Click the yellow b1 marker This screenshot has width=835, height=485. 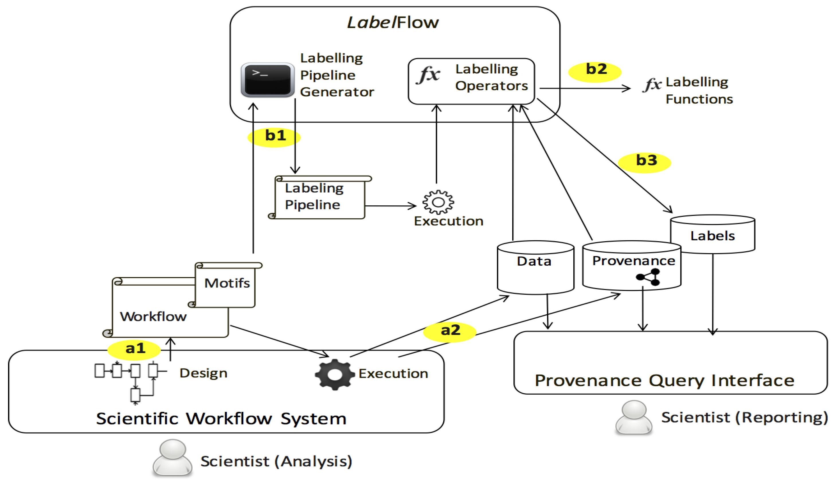274,137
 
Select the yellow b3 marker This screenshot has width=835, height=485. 645,162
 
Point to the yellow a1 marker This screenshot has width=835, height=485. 134,349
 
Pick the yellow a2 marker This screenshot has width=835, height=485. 450,331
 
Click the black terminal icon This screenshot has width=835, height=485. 267,79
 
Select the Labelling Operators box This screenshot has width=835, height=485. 471,81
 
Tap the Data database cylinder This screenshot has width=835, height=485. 535,268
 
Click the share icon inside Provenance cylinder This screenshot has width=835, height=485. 648,277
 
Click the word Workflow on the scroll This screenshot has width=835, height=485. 153,316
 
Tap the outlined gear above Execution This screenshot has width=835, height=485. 438,202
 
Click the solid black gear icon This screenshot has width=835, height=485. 335,374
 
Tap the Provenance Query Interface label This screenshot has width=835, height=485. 664,380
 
